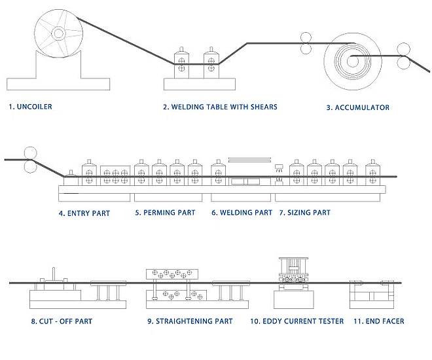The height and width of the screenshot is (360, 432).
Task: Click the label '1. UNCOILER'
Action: click(x=31, y=107)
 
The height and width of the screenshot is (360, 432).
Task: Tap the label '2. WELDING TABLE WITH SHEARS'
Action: click(x=220, y=107)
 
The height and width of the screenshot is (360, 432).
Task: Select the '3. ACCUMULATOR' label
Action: click(x=357, y=107)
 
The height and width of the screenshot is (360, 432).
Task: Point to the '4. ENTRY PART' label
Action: click(x=84, y=213)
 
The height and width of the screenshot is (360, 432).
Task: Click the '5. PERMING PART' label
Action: click(x=165, y=213)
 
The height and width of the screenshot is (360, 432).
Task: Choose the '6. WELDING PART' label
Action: click(x=242, y=213)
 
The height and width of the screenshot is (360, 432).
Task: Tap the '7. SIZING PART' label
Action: click(x=304, y=213)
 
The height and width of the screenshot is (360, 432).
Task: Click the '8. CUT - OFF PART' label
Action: click(x=62, y=321)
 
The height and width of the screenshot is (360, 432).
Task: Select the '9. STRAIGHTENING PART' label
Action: click(x=190, y=321)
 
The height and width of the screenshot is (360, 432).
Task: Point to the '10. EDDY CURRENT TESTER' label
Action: click(x=297, y=321)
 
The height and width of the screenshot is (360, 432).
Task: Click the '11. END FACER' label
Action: click(x=378, y=321)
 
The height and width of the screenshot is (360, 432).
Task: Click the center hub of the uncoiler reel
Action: click(x=60, y=32)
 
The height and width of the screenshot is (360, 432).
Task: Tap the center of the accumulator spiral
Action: click(x=352, y=62)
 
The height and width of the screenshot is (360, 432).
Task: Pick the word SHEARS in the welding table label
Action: click(x=262, y=107)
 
